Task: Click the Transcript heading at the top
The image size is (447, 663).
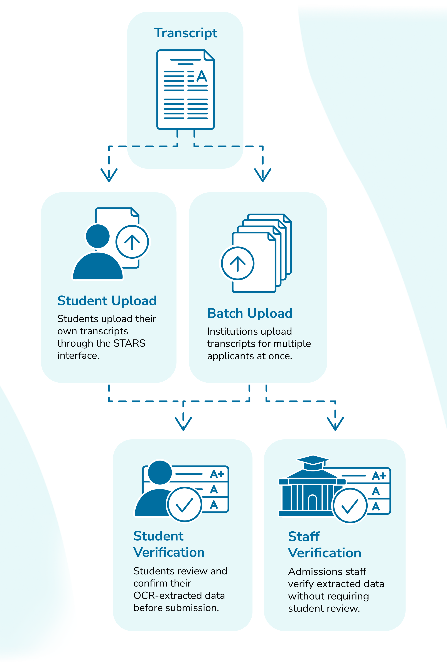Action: click(x=186, y=33)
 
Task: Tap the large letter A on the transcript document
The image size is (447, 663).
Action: click(x=202, y=76)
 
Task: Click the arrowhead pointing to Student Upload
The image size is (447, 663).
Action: click(x=109, y=175)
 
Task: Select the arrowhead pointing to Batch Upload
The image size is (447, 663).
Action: click(x=262, y=175)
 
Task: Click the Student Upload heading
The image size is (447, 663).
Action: click(x=107, y=301)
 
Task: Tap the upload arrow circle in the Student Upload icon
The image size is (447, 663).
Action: click(x=132, y=242)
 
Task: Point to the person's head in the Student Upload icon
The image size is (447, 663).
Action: click(x=98, y=236)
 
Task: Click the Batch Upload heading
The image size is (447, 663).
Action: click(x=250, y=313)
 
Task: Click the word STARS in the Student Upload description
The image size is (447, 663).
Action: click(x=129, y=343)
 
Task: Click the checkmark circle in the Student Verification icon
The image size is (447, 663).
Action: click(x=185, y=505)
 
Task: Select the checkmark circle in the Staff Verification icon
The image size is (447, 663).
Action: click(x=350, y=506)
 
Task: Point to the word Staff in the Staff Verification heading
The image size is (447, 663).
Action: click(x=304, y=537)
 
